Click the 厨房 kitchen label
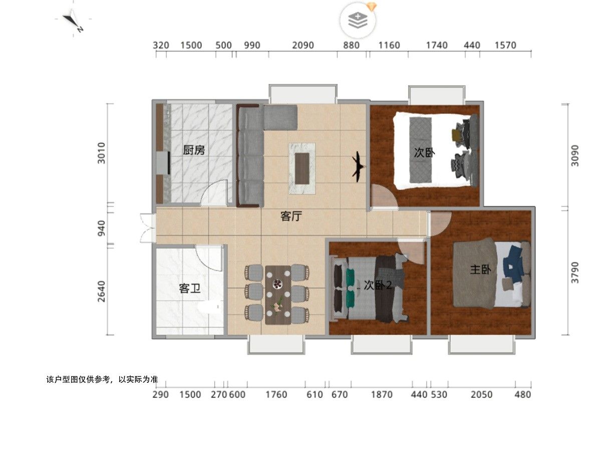[x=194, y=150]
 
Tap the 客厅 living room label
[x=291, y=216]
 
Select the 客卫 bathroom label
[x=189, y=288]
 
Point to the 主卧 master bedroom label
[x=480, y=270]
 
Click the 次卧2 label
[x=378, y=285]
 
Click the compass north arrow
[x=73, y=21]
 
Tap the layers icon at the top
[x=358, y=20]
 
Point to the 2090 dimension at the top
[x=303, y=45]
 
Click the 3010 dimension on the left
[x=101, y=153]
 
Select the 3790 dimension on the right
[x=575, y=273]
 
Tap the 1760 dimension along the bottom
[x=276, y=394]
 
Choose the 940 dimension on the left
[x=101, y=228]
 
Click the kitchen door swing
[x=214, y=193]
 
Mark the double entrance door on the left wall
[x=147, y=228]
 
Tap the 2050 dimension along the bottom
[x=482, y=394]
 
